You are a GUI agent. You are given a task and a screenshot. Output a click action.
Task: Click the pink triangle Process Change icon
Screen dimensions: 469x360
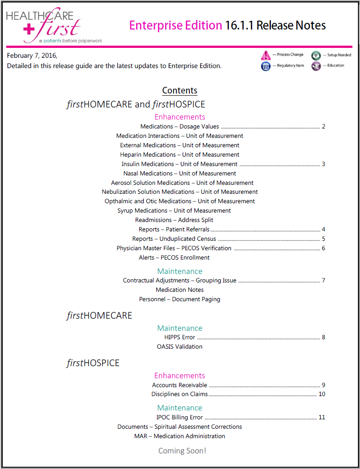pos(266,55)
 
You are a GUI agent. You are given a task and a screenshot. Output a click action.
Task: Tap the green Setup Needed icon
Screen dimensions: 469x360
pos(316,55)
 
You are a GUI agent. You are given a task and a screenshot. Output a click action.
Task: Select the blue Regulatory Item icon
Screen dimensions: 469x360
pos(266,66)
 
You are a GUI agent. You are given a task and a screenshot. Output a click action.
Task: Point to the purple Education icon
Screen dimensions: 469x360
pos(316,66)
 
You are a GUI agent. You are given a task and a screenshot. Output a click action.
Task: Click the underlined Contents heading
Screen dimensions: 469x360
pos(180,90)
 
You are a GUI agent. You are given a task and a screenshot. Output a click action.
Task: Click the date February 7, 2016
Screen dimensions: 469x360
pos(32,56)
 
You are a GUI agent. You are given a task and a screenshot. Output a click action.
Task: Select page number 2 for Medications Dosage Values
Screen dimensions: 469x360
pos(323,127)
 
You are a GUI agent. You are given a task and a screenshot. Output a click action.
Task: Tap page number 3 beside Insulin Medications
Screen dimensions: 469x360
pos(323,164)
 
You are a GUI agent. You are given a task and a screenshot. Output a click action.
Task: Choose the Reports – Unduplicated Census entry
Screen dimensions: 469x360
pos(174,239)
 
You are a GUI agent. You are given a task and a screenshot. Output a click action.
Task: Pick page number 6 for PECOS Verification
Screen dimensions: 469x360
pos(323,248)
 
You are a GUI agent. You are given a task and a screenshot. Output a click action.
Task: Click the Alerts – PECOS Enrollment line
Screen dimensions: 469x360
pos(174,258)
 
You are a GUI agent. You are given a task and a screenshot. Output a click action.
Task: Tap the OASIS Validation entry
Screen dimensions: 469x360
pos(180,347)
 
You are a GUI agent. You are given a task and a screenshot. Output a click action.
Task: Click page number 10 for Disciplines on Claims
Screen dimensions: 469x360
pos(321,394)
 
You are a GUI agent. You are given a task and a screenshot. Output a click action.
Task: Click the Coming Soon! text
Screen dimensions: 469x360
pos(182,451)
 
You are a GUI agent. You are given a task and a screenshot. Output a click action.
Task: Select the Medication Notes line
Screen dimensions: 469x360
pos(180,290)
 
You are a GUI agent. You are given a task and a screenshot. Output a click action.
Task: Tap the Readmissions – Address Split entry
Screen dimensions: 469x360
pos(174,220)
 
